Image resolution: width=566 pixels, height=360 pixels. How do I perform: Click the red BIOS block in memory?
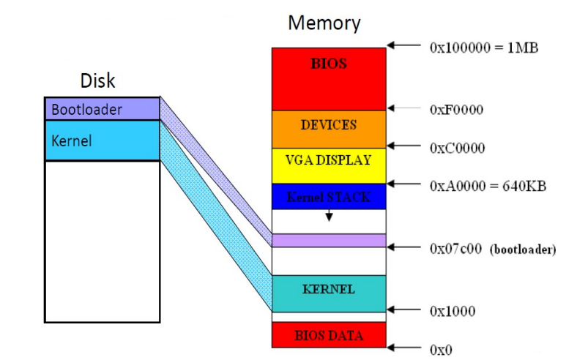point(329,79)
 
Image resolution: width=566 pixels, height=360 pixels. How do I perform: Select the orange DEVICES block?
point(329,129)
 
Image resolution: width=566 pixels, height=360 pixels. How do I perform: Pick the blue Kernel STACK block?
point(329,197)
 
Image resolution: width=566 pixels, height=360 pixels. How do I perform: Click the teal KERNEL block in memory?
point(329,293)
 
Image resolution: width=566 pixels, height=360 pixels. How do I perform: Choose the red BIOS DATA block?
point(329,335)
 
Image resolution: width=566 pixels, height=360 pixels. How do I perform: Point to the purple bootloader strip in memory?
point(329,240)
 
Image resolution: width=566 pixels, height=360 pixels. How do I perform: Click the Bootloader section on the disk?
point(102,109)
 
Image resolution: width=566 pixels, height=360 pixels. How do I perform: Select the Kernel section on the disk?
point(102,140)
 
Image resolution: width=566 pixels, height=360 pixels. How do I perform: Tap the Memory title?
point(324,23)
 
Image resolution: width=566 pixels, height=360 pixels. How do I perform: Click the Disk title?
point(98,80)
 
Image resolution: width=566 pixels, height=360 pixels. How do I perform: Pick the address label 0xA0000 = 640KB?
point(487,186)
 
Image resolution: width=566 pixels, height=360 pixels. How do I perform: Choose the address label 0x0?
point(441,350)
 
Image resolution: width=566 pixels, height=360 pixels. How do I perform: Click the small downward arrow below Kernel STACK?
point(329,216)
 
